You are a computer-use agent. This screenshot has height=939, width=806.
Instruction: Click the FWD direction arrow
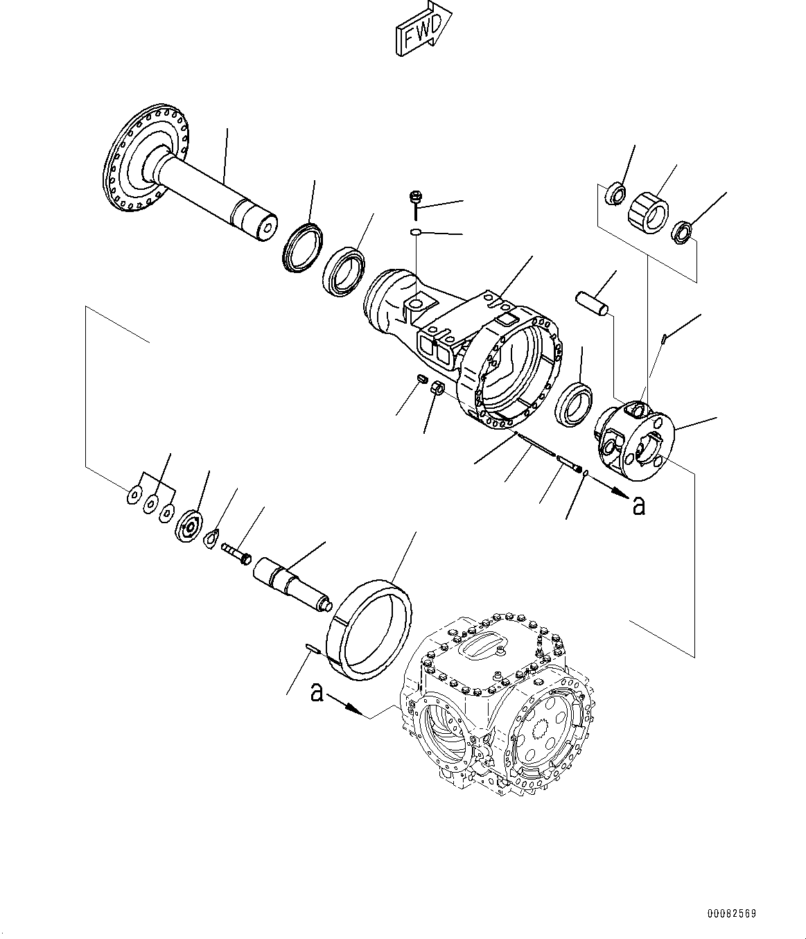[x=422, y=30]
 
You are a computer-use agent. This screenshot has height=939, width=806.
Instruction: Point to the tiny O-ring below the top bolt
[x=414, y=232]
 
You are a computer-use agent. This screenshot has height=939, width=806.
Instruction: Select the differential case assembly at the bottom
[x=499, y=707]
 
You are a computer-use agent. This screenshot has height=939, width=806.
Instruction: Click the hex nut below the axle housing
[x=438, y=389]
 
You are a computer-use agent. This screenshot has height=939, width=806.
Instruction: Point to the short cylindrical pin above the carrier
[x=593, y=304]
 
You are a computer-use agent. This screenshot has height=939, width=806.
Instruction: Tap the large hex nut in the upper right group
[x=647, y=210]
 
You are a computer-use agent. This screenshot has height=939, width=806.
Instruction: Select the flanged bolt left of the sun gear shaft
[x=236, y=553]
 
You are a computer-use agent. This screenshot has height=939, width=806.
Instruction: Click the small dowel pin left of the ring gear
[x=311, y=649]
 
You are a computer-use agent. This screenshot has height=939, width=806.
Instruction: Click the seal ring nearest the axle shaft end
[x=302, y=245]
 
